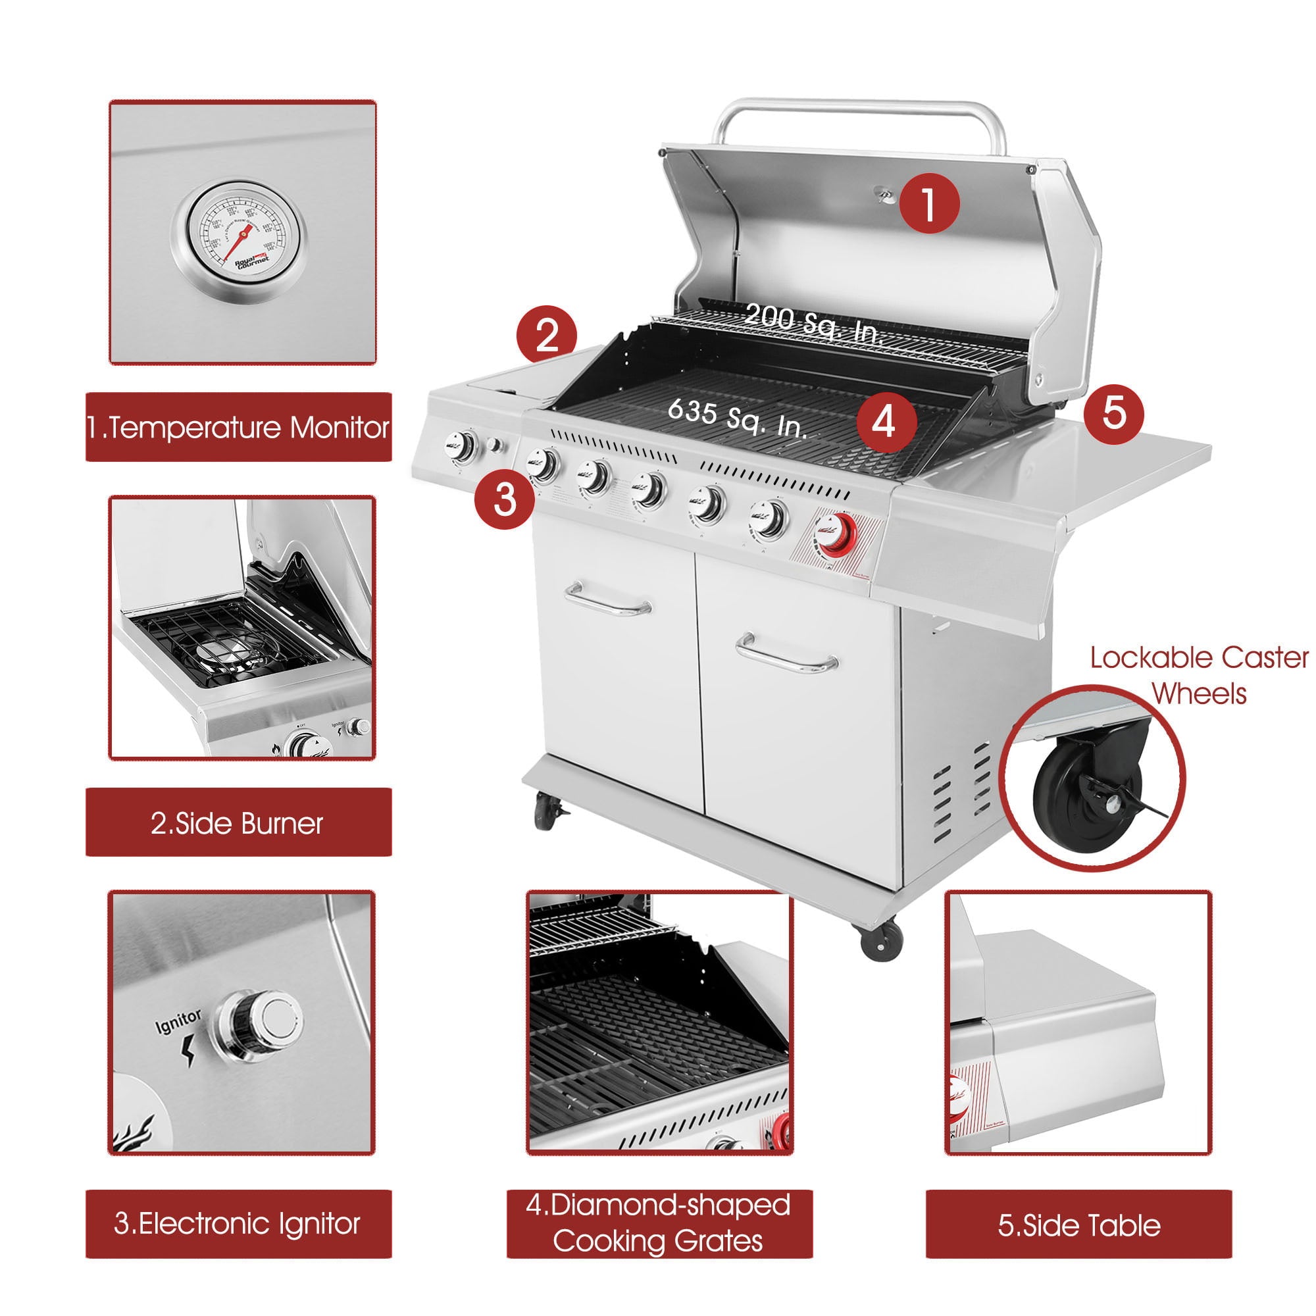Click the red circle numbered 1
point(929,203)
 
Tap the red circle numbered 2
point(546,334)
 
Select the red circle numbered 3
point(504,499)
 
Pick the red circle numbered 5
point(1114,413)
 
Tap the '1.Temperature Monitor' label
point(238,427)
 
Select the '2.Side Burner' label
point(238,823)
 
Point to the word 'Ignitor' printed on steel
point(178,1022)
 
